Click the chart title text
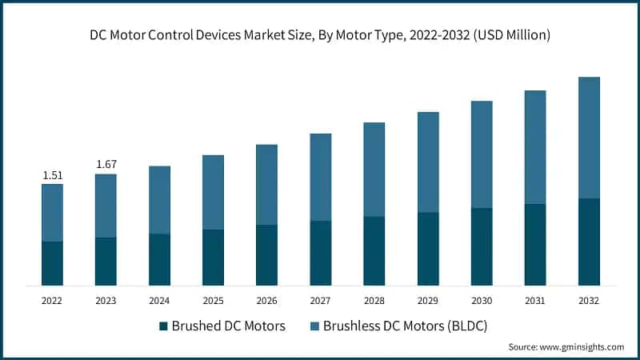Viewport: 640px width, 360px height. point(320,35)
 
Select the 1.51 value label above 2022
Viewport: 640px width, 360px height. point(52,175)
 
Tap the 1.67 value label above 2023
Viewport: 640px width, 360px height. point(106,165)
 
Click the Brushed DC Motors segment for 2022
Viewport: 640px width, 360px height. point(52,263)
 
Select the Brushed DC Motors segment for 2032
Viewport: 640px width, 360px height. point(589,242)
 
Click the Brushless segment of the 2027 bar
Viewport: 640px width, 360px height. point(320,177)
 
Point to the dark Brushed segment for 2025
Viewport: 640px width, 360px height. point(213,258)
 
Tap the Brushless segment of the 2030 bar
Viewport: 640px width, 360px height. point(482,154)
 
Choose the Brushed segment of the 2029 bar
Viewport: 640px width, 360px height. point(428,249)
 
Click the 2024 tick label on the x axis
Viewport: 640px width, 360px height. point(159,301)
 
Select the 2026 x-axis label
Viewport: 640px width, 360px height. point(266,301)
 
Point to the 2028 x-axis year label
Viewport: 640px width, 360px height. point(374,301)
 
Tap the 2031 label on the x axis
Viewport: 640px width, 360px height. point(535,301)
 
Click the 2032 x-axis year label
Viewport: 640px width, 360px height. point(589,301)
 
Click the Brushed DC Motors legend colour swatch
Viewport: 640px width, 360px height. point(164,326)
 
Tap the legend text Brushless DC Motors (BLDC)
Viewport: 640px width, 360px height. point(405,326)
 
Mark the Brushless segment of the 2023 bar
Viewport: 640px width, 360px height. point(106,206)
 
